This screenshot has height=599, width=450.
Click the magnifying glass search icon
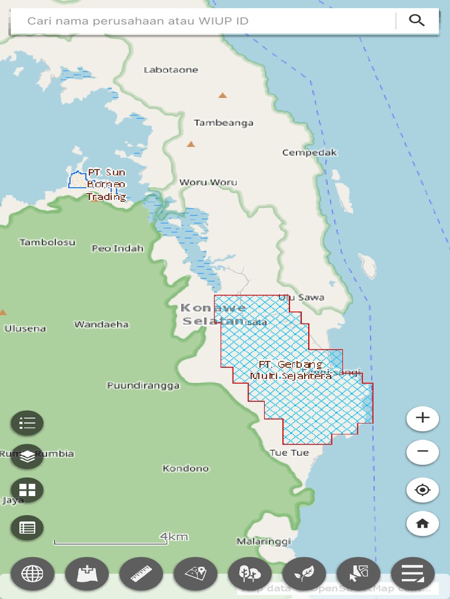pos(417,20)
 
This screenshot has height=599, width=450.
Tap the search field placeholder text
pos(138,21)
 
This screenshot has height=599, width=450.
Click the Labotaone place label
pos(171,70)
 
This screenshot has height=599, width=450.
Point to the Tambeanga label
pos(224,123)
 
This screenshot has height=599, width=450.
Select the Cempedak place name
pos(310,153)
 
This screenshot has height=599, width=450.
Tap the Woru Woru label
pos(208,182)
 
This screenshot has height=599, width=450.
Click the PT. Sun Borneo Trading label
pos(107,184)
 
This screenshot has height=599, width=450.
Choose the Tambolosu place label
pos(47,242)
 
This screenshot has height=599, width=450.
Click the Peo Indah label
pos(118,248)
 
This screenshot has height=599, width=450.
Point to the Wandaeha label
pos(101,324)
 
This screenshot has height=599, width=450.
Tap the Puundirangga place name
pos(143,385)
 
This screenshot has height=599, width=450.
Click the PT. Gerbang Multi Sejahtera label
pos(291,370)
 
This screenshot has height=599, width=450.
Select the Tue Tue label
pos(289,453)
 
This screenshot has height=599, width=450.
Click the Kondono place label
pos(186,469)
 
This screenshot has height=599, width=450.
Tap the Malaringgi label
pos(264,541)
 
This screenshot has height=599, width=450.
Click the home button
pos(422,524)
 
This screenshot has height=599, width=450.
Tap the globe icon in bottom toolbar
pos(32,573)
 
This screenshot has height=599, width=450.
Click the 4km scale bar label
pos(174,536)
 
